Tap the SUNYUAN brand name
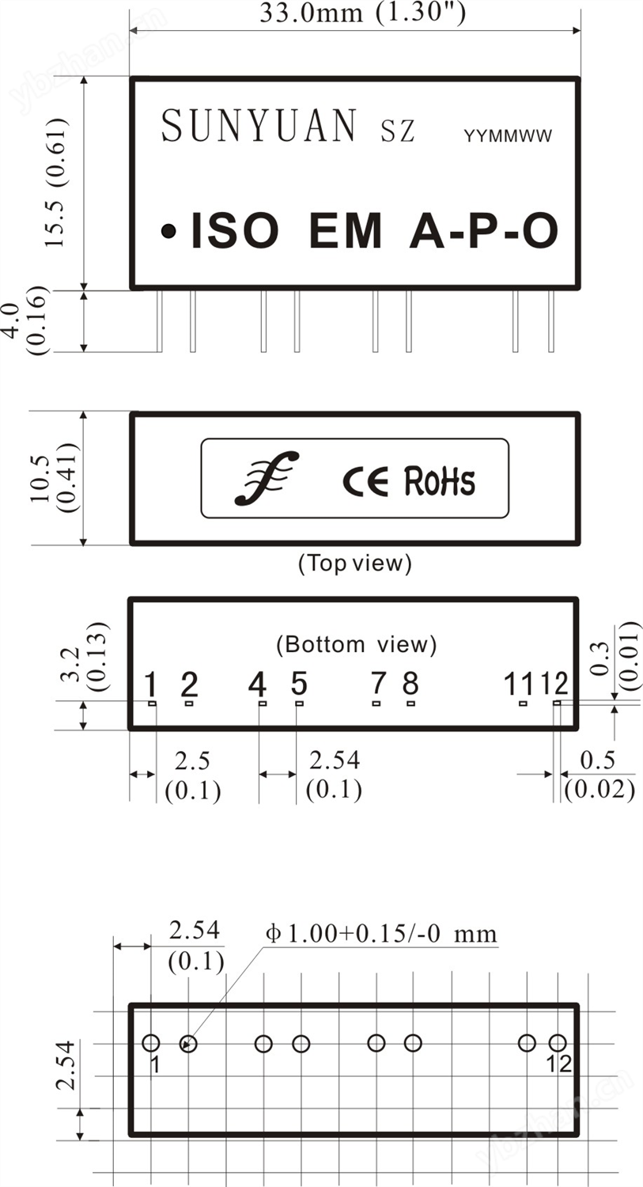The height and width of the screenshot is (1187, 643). (x=259, y=127)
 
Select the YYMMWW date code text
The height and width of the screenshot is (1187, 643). (x=508, y=136)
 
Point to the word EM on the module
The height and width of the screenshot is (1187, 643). (x=346, y=231)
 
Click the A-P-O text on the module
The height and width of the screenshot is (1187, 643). (x=483, y=231)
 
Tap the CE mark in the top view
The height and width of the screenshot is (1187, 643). (x=365, y=480)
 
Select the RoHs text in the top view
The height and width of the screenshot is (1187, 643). (x=440, y=480)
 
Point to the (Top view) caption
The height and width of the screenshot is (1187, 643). (x=355, y=563)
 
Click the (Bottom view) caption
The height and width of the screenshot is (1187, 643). (x=356, y=644)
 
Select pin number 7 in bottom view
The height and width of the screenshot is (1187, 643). (x=378, y=683)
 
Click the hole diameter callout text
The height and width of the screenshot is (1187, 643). (x=382, y=934)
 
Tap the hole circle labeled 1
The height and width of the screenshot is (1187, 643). (x=151, y=1043)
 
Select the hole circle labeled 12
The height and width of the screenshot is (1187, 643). (x=558, y=1043)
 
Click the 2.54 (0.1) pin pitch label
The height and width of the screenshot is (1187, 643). (x=334, y=774)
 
